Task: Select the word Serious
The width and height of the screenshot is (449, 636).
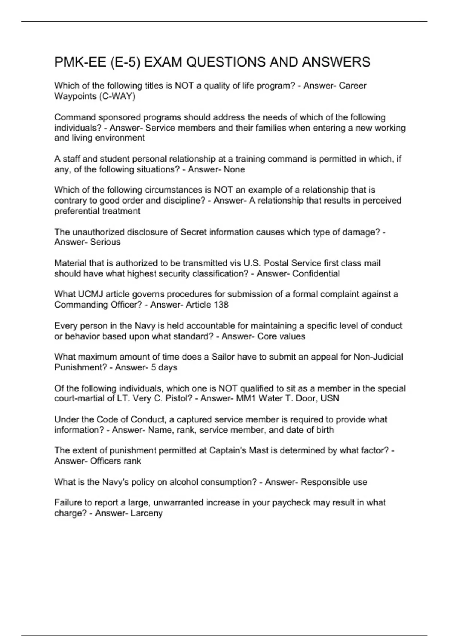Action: point(105,242)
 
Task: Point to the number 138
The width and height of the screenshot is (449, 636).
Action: point(221,305)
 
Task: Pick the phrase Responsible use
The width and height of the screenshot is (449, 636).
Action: point(334,482)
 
